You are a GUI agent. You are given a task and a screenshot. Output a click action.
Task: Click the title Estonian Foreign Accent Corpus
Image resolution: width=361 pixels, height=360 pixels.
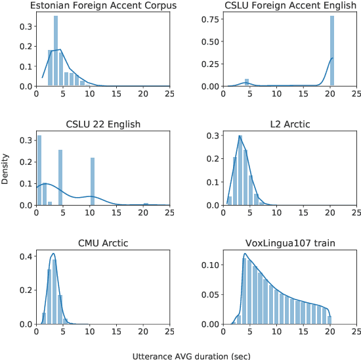point(102,7)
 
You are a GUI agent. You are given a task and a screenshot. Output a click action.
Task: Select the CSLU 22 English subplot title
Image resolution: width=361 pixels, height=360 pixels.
point(102,125)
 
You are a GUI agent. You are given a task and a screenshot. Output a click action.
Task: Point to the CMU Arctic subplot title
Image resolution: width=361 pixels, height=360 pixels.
point(102,244)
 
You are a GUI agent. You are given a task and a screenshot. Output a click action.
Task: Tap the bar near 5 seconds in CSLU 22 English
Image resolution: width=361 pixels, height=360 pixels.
point(60,177)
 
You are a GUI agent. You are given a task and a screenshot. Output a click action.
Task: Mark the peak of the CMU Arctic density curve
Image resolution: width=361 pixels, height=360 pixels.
point(53,254)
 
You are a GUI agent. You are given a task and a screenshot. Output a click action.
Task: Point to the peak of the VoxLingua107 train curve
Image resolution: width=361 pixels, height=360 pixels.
point(245,254)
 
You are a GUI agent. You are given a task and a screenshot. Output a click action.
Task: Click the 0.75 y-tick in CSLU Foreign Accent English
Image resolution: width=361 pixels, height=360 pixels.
point(212,18)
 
